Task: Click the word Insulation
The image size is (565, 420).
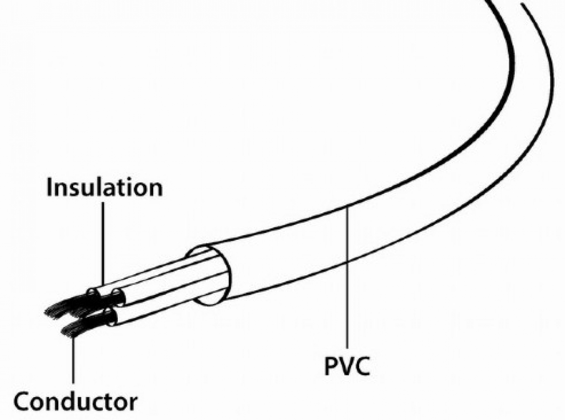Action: coord(104,187)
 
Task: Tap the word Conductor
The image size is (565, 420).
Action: coord(75,401)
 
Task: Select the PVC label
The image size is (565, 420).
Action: coord(347,365)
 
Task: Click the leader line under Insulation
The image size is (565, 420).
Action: coord(103,244)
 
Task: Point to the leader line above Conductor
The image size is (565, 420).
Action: coord(73,359)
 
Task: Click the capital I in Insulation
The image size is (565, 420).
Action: coord(49,187)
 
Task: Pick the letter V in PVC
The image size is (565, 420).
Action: coord(346,365)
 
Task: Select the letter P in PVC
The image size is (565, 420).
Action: coord(331,365)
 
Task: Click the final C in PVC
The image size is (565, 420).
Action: coord(362,365)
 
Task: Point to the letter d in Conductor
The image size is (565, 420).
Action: coord(69,400)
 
